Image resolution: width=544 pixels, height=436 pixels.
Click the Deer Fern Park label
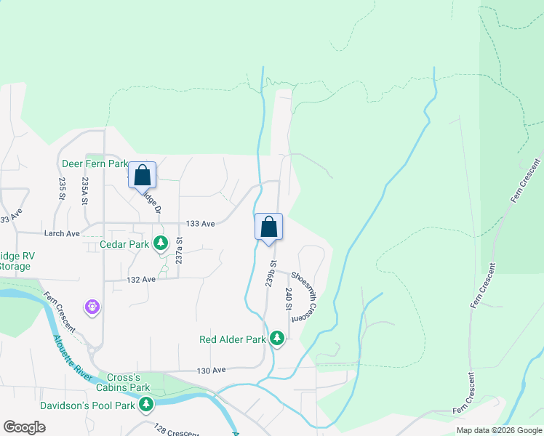(94, 164)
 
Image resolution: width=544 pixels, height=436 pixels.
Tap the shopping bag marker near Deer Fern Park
(143, 174)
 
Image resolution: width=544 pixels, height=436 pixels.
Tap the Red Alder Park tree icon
(277, 338)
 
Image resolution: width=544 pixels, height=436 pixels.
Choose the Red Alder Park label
(233, 339)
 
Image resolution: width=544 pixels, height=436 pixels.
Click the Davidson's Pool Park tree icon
(146, 404)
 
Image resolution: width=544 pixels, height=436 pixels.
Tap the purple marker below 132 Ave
(92, 307)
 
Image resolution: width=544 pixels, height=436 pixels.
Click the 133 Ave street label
(201, 224)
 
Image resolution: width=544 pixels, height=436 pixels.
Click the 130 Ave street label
(212, 370)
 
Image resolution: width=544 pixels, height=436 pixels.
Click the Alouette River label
(71, 355)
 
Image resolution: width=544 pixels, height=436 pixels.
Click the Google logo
(24, 427)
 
